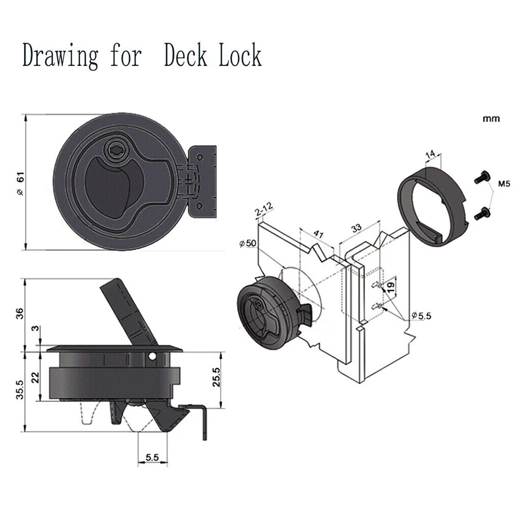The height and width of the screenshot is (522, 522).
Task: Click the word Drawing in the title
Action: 60,56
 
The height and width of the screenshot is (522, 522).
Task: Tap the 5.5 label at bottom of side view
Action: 152,457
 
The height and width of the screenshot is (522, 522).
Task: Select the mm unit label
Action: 491,119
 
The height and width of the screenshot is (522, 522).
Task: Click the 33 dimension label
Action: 356,228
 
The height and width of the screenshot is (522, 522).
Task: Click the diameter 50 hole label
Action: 248,243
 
